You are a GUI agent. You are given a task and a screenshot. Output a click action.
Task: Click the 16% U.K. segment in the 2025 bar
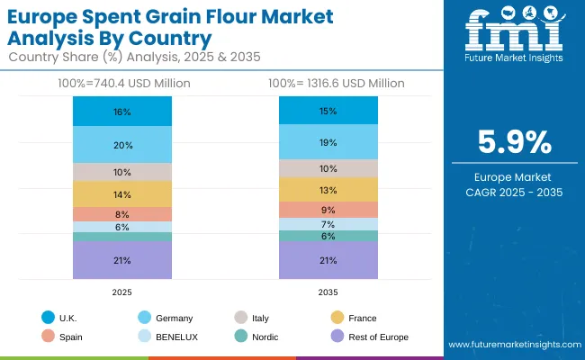click(122, 112)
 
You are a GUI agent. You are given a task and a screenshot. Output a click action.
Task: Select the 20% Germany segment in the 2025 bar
click(122, 145)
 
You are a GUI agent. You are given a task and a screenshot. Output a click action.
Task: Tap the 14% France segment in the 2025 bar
click(122, 194)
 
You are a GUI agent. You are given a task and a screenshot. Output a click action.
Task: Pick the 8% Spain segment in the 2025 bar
click(122, 214)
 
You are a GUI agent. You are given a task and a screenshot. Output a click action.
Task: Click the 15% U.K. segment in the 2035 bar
click(328, 111)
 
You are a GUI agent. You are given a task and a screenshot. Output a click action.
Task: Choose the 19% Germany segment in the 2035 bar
click(328, 142)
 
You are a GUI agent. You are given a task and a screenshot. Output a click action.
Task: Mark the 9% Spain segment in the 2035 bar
click(328, 210)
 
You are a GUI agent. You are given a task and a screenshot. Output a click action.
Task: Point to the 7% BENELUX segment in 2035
click(328, 224)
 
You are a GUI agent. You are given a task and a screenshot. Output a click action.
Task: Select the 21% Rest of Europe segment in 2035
click(328, 260)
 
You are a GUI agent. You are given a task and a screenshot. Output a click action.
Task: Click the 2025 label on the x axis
click(122, 292)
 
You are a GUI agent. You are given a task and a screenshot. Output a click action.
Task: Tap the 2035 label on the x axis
click(328, 292)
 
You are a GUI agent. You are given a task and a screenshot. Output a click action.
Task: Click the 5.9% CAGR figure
click(511, 143)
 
